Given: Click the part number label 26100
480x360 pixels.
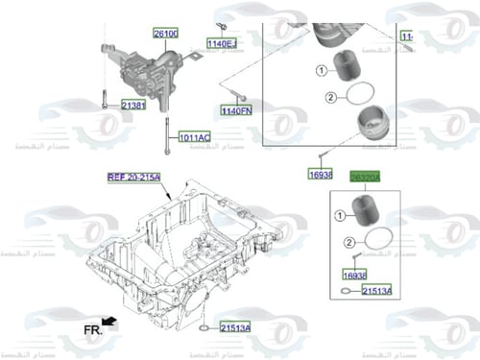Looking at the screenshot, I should coord(165,34).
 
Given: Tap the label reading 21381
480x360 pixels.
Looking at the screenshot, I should coord(132,105).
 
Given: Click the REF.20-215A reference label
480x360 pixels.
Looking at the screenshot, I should coord(133,178).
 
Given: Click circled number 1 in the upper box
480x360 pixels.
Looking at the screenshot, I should coord(322,68).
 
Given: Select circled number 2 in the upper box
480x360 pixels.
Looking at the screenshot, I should coord(329,97).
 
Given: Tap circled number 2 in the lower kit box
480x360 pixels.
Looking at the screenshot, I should coord(350,244).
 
